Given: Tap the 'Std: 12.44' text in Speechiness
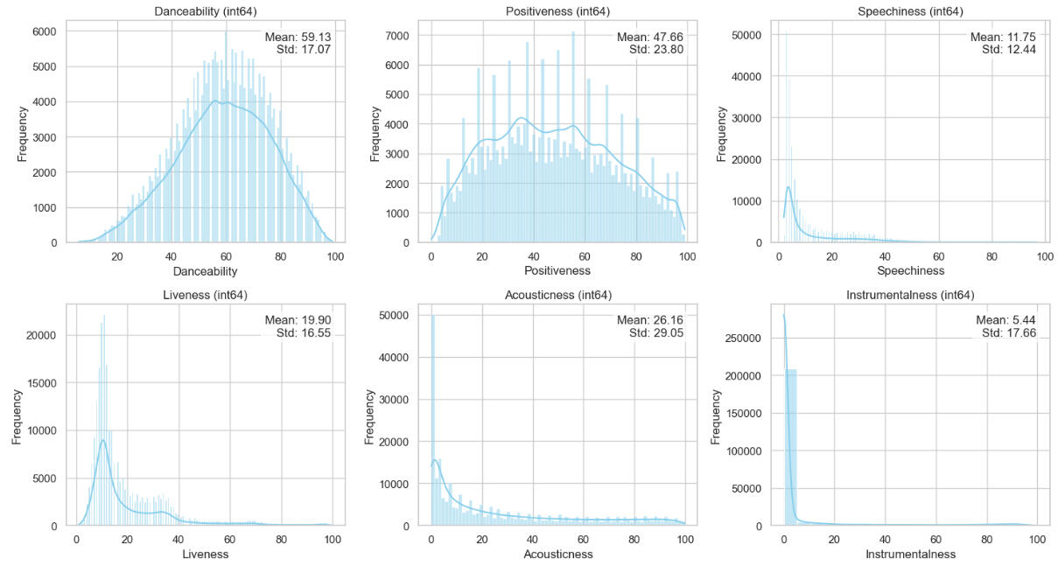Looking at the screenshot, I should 1005,50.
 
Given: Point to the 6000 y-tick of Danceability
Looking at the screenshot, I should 45,31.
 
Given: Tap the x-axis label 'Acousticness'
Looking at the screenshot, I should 557,555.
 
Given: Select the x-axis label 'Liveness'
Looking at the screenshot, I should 206,555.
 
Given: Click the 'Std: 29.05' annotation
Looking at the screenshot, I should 651,333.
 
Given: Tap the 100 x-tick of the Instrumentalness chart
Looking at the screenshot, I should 1038,540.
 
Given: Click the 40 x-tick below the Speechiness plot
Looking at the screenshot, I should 886,256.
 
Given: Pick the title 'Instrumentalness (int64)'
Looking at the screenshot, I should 910,295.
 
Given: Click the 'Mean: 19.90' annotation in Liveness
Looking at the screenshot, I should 298,321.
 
